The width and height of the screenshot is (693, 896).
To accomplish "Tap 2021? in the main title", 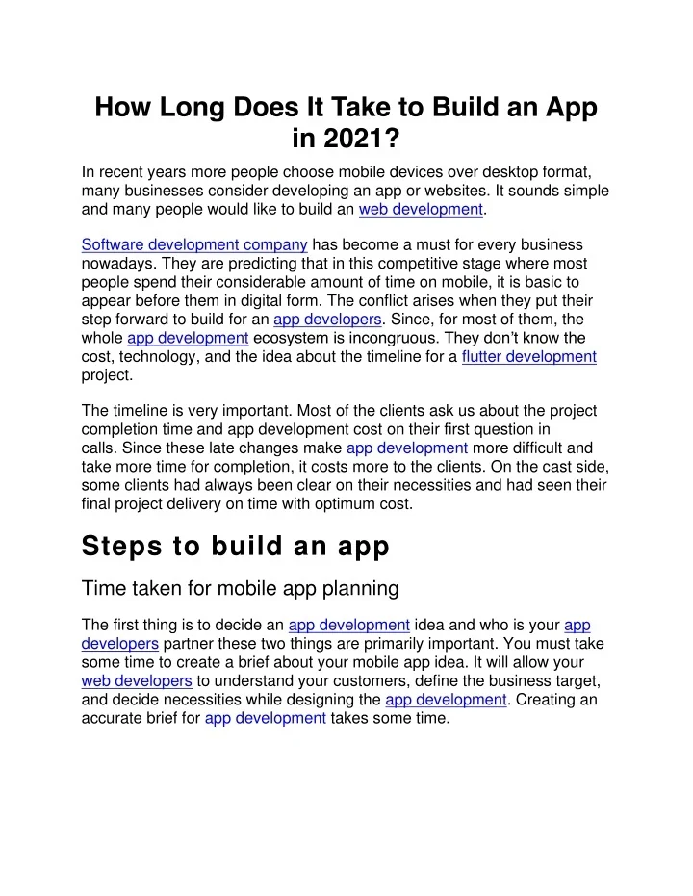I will tap(346, 142).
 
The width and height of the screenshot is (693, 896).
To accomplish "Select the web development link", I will tap(420, 209).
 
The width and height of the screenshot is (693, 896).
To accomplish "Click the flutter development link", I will tap(529, 356).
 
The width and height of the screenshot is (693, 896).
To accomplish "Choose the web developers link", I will tap(137, 681).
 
